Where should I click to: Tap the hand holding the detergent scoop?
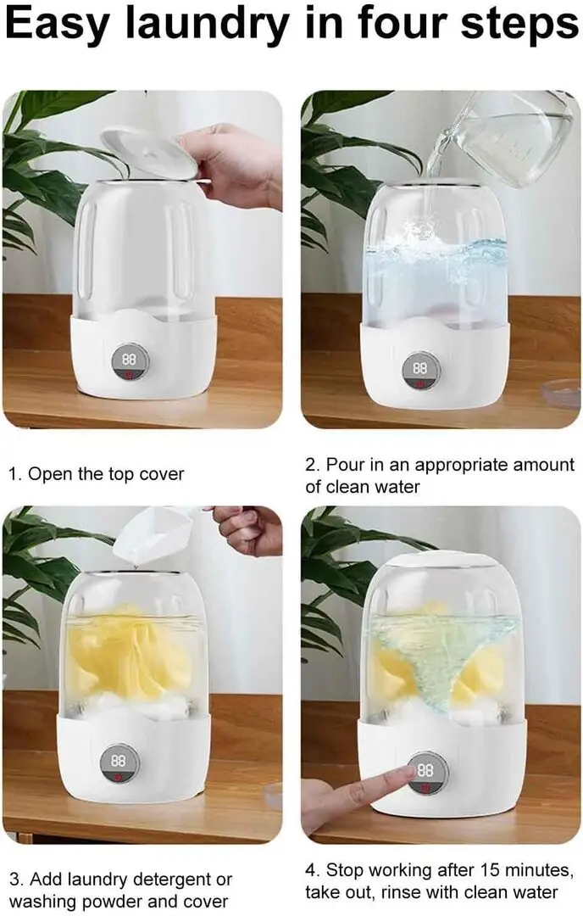tap(248, 529)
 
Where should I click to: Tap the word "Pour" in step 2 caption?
tap(346, 465)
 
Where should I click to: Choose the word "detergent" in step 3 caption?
tap(169, 880)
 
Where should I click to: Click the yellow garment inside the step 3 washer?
tap(130, 654)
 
